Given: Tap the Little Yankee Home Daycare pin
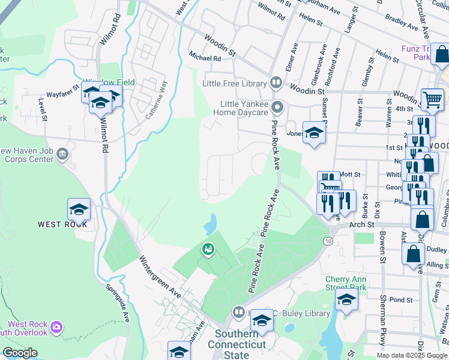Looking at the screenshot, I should (x=277, y=108).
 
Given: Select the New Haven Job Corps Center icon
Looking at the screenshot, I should (x=62, y=155).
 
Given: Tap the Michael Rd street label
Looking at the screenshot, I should (x=205, y=58).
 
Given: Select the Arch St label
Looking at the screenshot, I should (x=362, y=225).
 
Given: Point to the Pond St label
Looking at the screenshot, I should (x=401, y=299).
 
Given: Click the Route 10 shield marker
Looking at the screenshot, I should (x=327, y=241).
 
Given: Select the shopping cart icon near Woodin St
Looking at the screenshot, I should (x=432, y=100).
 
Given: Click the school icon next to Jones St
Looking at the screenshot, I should (x=314, y=133).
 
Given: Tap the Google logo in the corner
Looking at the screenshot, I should (x=20, y=353).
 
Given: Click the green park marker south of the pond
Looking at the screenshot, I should (x=208, y=248).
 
